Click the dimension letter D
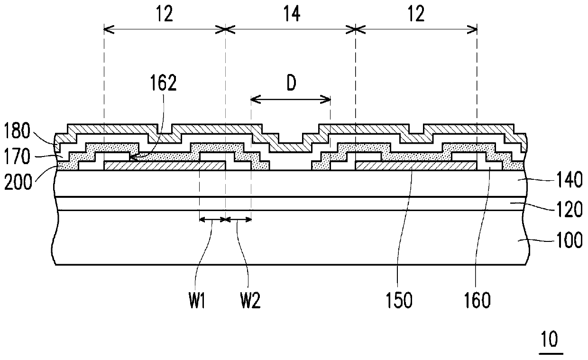click(291, 83)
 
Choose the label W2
click(249, 301)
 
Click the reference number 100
click(568, 241)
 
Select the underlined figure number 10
click(550, 340)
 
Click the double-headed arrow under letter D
click(290, 99)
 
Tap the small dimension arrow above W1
click(212, 219)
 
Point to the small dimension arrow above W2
click(238, 219)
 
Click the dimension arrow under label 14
click(290, 30)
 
